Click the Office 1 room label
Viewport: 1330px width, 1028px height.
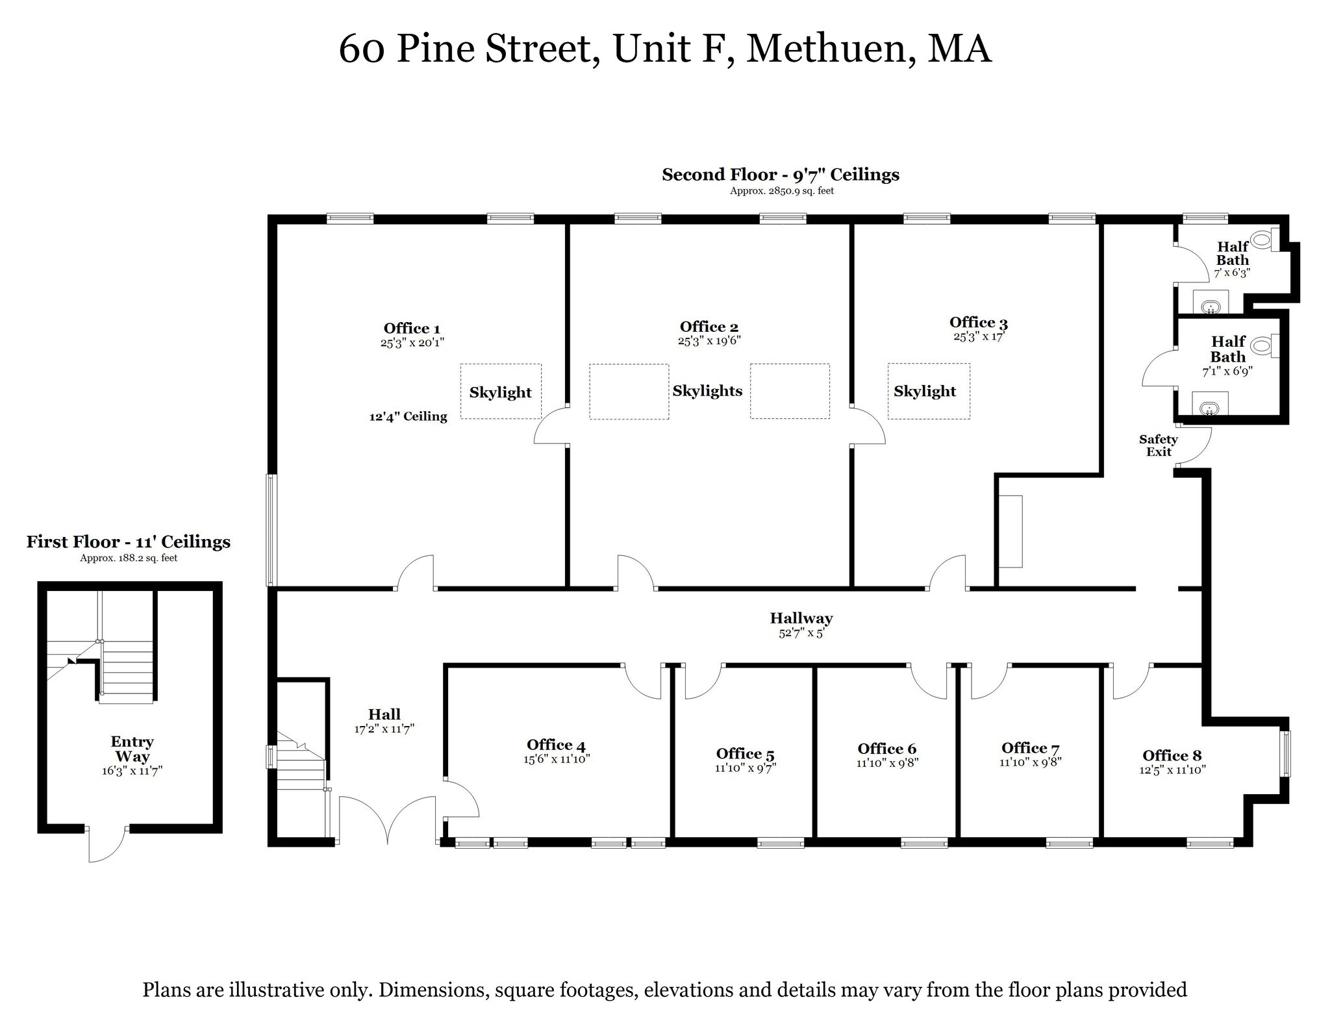pyautogui.click(x=412, y=329)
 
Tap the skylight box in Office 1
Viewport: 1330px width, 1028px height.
pyautogui.click(x=501, y=391)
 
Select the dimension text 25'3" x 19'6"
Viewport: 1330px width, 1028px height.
pyautogui.click(x=709, y=340)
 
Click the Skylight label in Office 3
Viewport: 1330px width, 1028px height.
pyautogui.click(x=924, y=391)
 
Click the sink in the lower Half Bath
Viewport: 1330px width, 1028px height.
pyautogui.click(x=1209, y=408)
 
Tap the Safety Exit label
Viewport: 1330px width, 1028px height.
pyautogui.click(x=1158, y=445)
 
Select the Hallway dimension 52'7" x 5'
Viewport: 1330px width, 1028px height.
pyautogui.click(x=801, y=633)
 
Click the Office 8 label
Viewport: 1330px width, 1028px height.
pyautogui.click(x=1172, y=755)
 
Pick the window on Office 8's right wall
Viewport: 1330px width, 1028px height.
pyautogui.click(x=1285, y=753)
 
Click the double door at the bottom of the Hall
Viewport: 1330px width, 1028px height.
pyautogui.click(x=388, y=821)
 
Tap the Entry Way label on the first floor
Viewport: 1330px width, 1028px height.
pyautogui.click(x=132, y=749)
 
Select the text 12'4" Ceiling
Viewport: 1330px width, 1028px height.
pyautogui.click(x=408, y=417)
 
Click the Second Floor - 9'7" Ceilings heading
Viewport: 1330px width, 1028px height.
pyautogui.click(x=781, y=175)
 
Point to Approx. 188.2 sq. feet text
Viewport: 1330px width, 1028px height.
pyautogui.click(x=129, y=558)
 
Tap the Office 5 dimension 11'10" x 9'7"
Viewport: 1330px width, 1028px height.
pyautogui.click(x=746, y=768)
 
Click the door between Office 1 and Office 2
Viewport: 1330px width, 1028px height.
pyautogui.click(x=551, y=425)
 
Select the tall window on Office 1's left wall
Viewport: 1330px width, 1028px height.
pyautogui.click(x=272, y=530)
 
